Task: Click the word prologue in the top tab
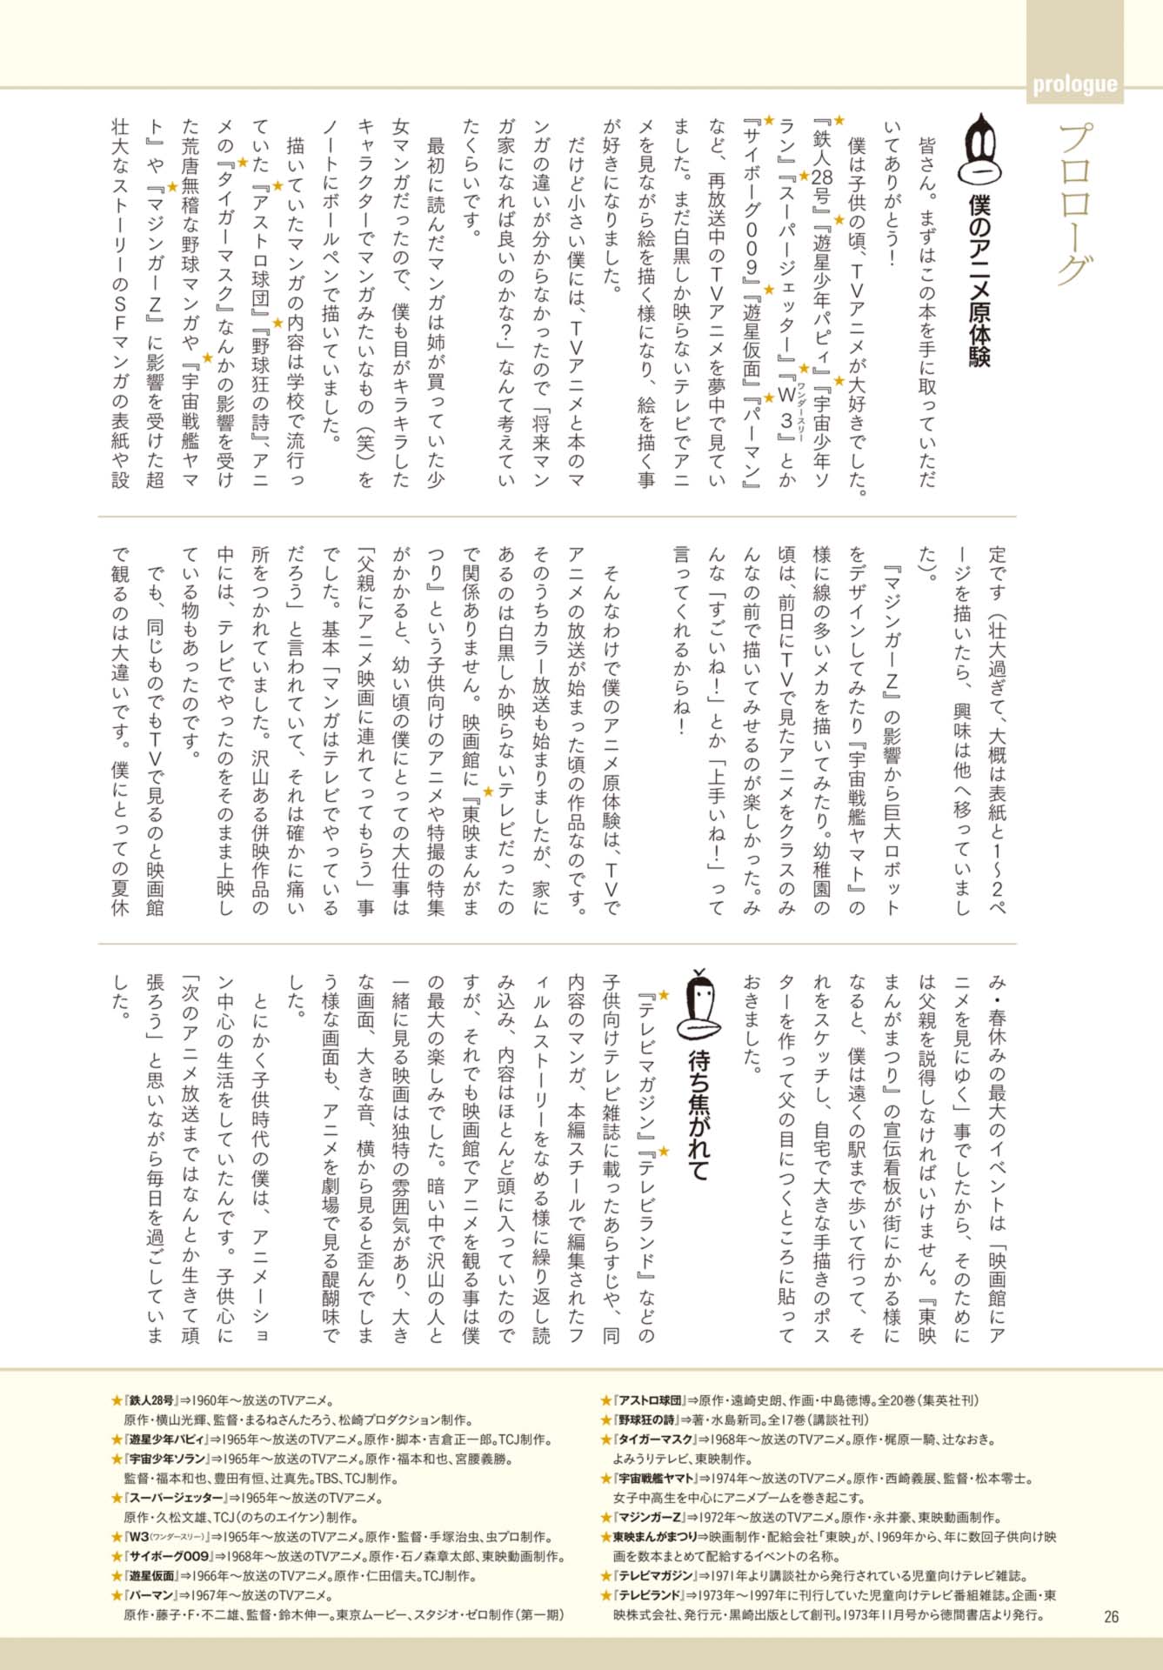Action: (1074, 84)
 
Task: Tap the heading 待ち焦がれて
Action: (699, 1115)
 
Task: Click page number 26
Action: (1111, 1617)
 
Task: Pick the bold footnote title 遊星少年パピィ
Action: (166, 1440)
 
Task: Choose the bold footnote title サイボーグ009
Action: (169, 1556)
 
